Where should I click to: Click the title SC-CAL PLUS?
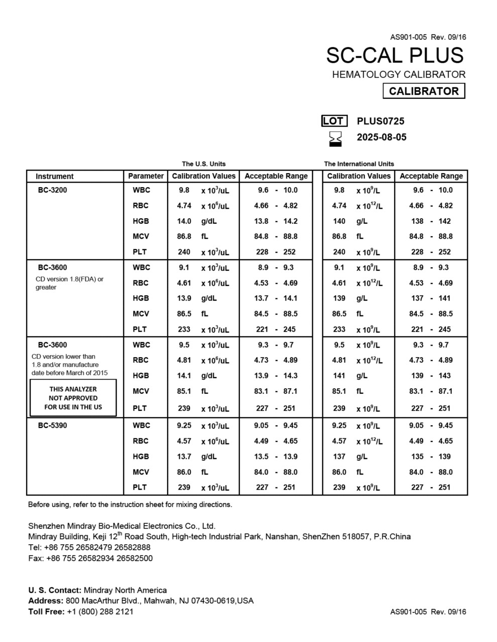395,55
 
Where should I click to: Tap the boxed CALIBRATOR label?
424,91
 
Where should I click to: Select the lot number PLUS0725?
381,121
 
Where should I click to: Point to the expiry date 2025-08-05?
382,137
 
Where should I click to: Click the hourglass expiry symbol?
335,139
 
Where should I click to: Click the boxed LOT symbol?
334,121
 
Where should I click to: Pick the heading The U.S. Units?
203,164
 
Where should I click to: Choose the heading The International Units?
359,164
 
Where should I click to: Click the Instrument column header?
54,176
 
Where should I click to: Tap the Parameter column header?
146,176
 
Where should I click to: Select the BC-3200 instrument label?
52,190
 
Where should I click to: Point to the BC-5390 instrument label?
52,425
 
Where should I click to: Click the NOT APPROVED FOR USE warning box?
73,398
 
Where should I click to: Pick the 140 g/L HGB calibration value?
339,221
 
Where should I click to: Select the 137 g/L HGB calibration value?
339,456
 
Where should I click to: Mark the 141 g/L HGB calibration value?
339,376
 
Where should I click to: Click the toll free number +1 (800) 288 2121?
100,611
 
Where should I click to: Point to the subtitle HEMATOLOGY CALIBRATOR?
399,74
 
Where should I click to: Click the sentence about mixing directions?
130,505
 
